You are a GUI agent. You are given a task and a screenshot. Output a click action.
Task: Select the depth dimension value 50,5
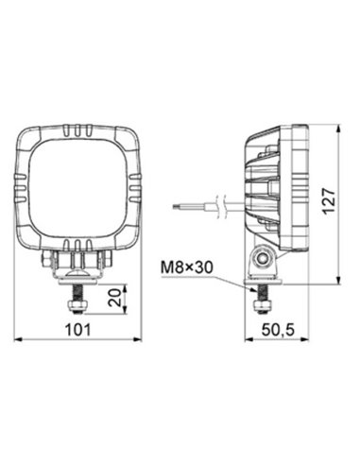tap(274, 330)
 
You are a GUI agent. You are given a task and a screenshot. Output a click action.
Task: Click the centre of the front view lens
tap(78, 189)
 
